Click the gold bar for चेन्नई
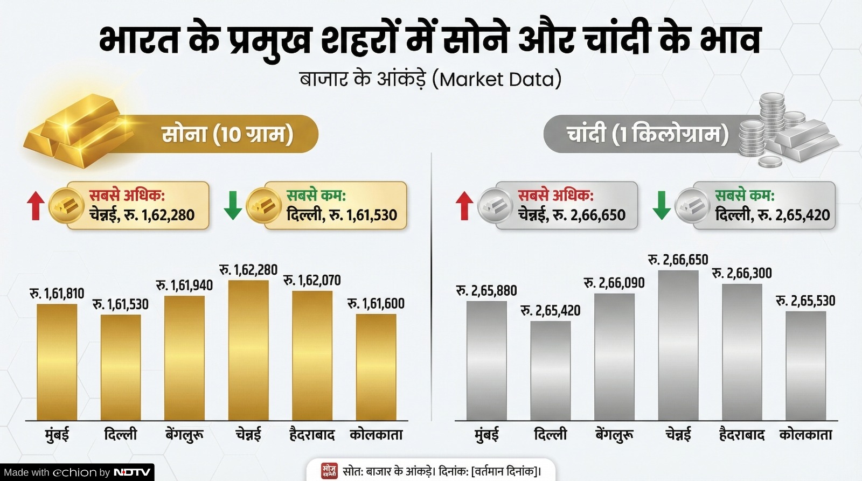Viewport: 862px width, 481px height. click(248, 350)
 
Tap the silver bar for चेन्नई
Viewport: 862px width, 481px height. click(678, 345)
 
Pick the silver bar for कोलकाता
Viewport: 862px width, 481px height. click(805, 366)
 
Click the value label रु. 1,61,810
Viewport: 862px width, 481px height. click(57, 294)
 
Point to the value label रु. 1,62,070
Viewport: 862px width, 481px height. click(312, 280)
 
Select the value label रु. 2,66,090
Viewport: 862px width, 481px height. click(614, 283)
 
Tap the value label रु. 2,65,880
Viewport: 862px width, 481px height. click(486, 291)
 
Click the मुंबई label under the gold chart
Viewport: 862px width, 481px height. click(57, 435)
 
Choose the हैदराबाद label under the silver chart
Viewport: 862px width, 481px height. click(741, 435)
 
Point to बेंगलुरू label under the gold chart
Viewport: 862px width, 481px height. click(184, 435)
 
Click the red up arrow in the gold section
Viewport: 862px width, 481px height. click(36, 206)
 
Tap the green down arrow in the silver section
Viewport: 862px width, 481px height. click(662, 205)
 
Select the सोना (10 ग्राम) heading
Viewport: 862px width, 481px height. click(227, 134)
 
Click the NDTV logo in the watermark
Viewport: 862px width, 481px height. click(133, 472)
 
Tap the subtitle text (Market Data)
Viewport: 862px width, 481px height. click(430, 79)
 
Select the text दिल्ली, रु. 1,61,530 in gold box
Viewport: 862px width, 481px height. click(342, 215)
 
